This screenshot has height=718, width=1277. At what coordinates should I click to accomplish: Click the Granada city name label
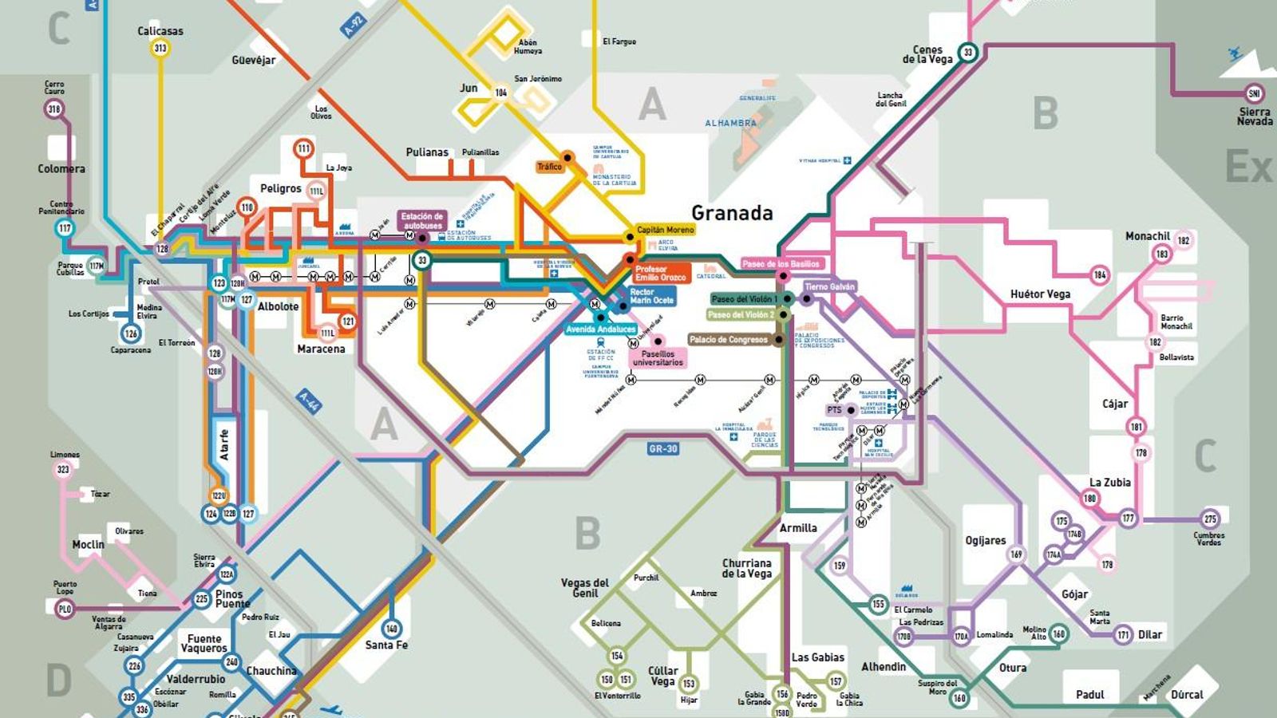(x=732, y=213)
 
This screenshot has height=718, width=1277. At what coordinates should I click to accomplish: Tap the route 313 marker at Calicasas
(x=160, y=48)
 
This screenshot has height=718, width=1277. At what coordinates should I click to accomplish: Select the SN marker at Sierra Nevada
(x=1254, y=94)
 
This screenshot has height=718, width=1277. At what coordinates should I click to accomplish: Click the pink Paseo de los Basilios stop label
(x=781, y=264)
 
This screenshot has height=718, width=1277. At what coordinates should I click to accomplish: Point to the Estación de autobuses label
(x=422, y=220)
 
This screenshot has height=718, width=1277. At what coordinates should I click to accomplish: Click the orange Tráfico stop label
(x=549, y=167)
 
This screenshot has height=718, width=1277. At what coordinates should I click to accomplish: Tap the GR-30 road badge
(x=662, y=449)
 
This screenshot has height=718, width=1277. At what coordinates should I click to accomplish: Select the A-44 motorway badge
(x=309, y=401)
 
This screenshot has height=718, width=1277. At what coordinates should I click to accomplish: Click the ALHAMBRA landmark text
(x=730, y=124)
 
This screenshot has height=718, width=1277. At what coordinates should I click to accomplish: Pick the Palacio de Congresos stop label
(x=728, y=340)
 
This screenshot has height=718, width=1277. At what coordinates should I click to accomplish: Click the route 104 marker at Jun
(x=500, y=93)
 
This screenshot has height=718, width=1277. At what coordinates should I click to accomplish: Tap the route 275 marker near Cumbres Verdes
(x=1210, y=519)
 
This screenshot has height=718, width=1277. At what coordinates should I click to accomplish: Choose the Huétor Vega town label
(x=1040, y=294)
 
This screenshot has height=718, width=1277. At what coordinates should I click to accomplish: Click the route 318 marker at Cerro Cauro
(x=54, y=109)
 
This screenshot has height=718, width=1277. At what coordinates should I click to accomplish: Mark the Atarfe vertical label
(x=224, y=444)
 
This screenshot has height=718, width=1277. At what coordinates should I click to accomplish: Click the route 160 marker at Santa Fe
(x=391, y=629)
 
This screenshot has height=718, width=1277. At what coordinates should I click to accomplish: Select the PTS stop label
(x=834, y=410)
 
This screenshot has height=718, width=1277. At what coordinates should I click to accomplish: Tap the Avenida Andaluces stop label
(x=601, y=329)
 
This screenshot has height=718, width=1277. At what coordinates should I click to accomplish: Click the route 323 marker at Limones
(x=63, y=470)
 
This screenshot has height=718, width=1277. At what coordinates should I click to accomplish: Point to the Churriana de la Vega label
(x=746, y=568)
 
